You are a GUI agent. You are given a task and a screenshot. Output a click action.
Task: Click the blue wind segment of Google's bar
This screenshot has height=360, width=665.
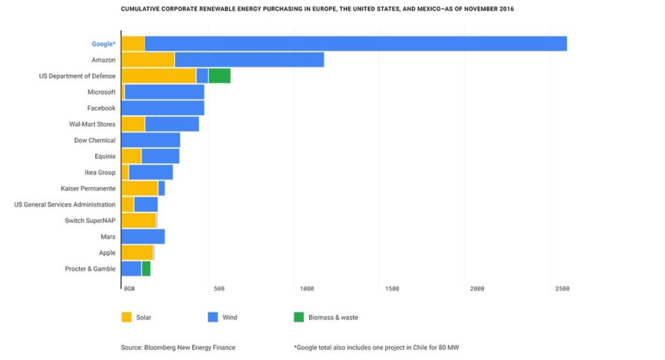(355, 43)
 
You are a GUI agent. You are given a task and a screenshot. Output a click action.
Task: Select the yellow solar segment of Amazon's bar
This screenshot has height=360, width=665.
(147, 60)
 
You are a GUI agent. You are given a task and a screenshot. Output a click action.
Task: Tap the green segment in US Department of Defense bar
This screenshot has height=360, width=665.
(219, 76)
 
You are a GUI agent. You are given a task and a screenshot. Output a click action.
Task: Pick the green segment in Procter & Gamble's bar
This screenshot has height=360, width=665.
(146, 269)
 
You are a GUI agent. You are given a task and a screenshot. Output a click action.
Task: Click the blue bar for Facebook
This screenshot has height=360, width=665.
(162, 108)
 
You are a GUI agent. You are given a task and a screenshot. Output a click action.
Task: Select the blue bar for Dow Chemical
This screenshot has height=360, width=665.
(150, 140)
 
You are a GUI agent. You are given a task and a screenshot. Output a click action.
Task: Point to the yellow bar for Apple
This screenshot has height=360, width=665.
(137, 253)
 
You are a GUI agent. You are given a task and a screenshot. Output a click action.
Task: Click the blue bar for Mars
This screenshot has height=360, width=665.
(143, 237)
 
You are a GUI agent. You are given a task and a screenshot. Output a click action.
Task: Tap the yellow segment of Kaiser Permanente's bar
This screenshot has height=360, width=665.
(139, 189)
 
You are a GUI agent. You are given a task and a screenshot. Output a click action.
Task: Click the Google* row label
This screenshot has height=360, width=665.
(103, 44)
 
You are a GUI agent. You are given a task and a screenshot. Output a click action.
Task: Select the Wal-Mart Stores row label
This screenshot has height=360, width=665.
(92, 124)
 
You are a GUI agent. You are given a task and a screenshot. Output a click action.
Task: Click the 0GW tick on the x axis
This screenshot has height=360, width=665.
(129, 288)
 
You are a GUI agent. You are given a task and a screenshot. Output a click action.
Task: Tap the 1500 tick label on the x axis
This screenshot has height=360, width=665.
(392, 288)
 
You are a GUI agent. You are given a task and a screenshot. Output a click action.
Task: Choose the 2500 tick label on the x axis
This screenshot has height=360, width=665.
(562, 288)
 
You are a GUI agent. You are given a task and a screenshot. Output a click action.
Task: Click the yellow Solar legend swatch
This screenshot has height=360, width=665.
(126, 317)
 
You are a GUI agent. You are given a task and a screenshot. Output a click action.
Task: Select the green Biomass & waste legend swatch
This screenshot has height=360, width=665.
(298, 317)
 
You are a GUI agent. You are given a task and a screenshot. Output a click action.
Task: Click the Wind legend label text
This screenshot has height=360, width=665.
(230, 317)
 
